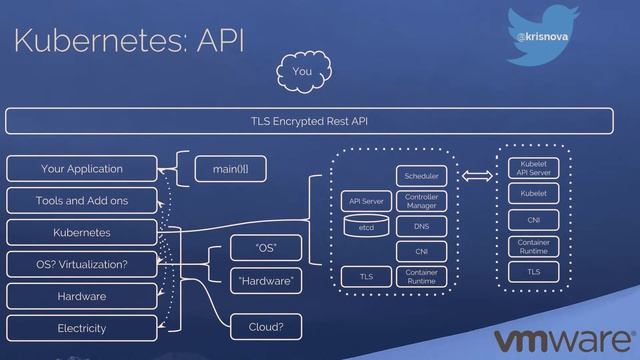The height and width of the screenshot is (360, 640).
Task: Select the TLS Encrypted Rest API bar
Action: [x=309, y=121]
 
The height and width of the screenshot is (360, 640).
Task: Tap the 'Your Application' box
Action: [x=82, y=169]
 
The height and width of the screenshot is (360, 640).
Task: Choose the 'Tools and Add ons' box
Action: [x=82, y=200]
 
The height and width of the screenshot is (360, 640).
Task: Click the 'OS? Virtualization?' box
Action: [x=82, y=264]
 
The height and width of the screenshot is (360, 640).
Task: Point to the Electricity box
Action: [x=82, y=328]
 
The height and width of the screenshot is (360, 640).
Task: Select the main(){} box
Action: [x=231, y=169]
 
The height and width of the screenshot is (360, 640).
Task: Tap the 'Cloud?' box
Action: [x=266, y=327]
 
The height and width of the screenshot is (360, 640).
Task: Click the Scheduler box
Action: [x=421, y=176]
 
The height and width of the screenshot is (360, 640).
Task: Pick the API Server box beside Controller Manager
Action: [x=366, y=201]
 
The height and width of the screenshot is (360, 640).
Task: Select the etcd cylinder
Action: [x=366, y=226]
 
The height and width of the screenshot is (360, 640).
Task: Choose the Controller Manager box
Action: [x=421, y=201]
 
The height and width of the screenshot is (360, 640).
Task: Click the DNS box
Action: [x=421, y=226]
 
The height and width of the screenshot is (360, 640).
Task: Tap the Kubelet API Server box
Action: [x=533, y=168]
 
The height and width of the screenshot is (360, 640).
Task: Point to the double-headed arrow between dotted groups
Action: [x=477, y=176]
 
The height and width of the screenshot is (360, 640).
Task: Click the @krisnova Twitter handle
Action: [x=542, y=37]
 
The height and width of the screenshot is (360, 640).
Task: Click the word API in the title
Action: [x=220, y=40]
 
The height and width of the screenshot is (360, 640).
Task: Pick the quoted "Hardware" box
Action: [x=266, y=281]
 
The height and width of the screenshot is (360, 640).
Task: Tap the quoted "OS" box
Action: [x=266, y=248]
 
